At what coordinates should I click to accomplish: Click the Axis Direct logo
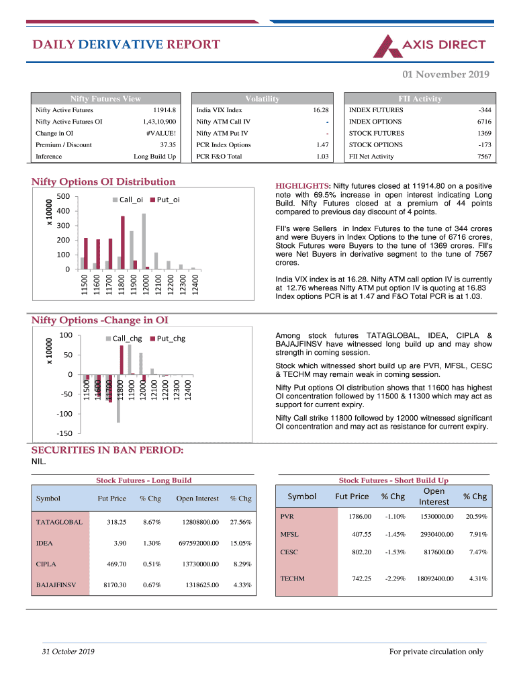429,45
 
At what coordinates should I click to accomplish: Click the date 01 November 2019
446,75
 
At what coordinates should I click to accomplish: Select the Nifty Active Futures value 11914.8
164,110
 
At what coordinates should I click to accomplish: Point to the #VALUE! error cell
161,133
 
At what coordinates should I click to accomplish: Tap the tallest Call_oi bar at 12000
144,241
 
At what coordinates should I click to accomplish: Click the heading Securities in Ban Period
107,450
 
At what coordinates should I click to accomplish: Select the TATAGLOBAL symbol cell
59,521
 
